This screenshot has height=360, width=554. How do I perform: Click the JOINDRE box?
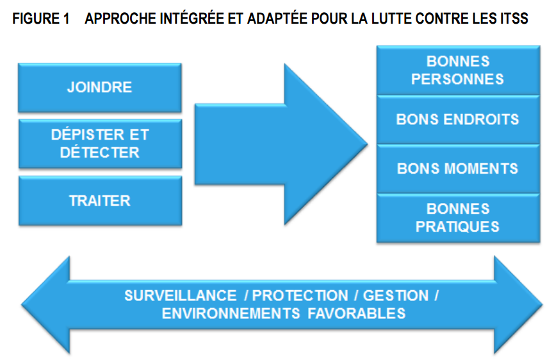[100, 88]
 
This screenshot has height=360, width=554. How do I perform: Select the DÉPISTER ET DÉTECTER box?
[101, 143]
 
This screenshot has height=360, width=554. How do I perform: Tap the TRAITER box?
[101, 200]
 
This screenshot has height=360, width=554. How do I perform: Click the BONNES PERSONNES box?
[459, 70]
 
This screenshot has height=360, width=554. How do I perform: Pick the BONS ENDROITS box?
[459, 120]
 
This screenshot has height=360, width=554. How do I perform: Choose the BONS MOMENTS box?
[459, 169]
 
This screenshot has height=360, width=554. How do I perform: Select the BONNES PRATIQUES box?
[459, 218]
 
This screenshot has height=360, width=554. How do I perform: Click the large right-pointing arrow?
[281, 144]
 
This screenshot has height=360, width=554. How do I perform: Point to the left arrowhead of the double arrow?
[46, 304]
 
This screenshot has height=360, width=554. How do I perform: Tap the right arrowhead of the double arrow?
[518, 304]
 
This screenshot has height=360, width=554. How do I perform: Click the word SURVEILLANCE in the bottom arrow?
[181, 296]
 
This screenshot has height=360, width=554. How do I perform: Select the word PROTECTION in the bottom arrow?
[300, 296]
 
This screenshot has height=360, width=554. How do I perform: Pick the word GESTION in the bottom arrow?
[396, 296]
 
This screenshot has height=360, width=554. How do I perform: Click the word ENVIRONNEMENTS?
[231, 314]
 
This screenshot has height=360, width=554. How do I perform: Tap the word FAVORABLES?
[357, 314]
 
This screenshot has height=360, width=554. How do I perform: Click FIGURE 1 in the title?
[41, 19]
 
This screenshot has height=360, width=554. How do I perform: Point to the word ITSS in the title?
[514, 19]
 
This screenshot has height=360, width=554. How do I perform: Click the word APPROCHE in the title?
[120, 19]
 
